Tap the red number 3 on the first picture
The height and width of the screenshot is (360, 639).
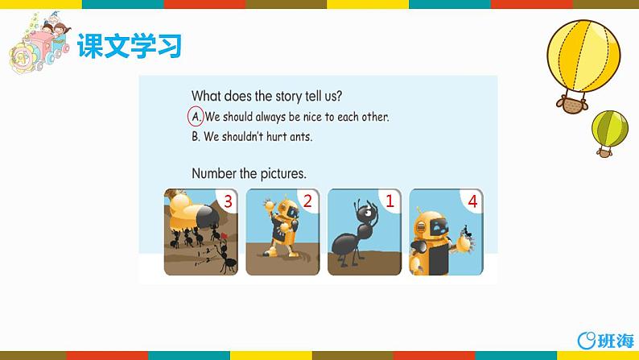coord(228,201)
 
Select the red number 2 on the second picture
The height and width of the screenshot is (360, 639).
coord(307,201)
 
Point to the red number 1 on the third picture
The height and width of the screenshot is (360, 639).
coord(390,201)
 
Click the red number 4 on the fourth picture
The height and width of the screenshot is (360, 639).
coord(472,201)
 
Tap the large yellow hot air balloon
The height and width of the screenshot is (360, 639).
coord(583,57)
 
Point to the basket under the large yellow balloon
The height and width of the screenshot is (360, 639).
coord(572,105)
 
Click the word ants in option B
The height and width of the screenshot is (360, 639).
coord(301,137)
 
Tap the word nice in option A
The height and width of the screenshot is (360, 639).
coord(312,117)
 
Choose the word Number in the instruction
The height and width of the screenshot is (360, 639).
coord(214,174)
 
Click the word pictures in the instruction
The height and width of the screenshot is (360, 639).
coord(283,174)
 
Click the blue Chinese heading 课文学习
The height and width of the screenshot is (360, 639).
coord(130,46)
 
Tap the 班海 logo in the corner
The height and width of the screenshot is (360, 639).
coord(606,341)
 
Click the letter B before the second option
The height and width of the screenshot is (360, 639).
coord(196,137)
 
